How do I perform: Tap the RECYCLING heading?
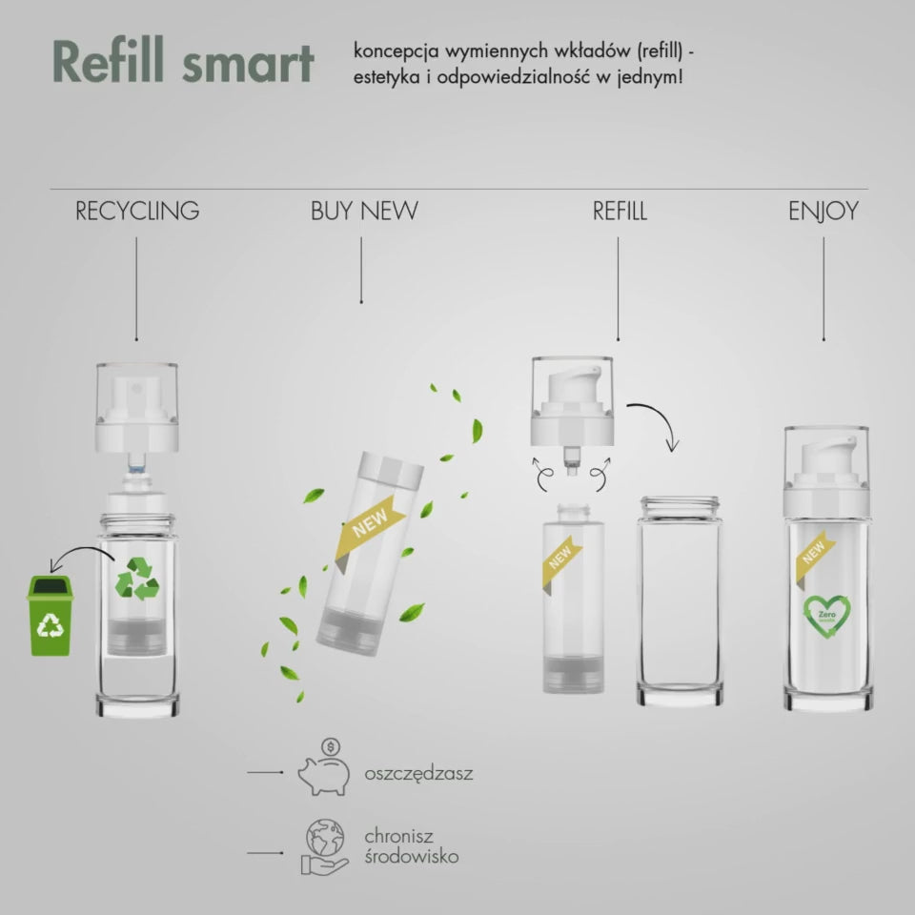(137, 212)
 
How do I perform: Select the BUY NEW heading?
(363, 212)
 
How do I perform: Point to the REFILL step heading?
(620, 212)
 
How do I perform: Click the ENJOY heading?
(823, 212)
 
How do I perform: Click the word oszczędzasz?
(418, 773)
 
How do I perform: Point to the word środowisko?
(411, 856)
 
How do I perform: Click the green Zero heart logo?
(825, 616)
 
